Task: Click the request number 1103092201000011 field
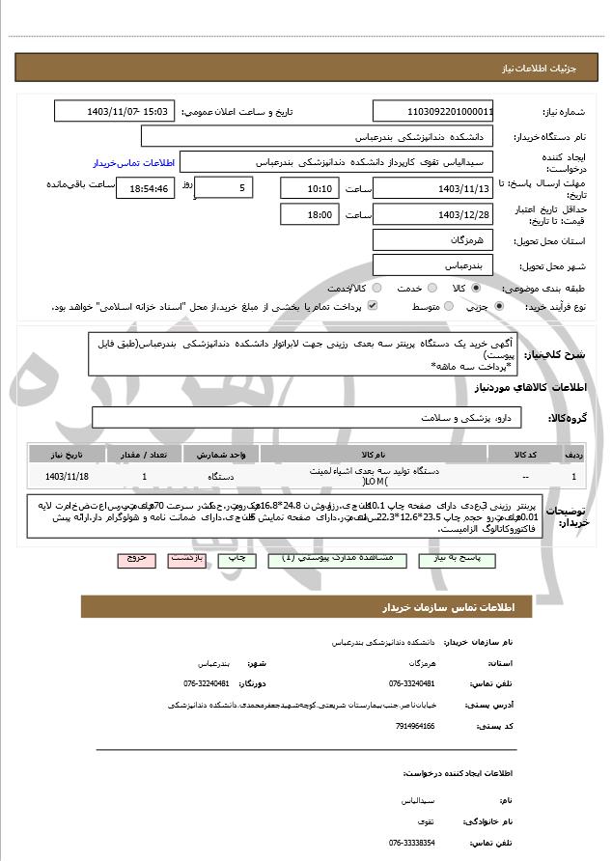[x=433, y=111]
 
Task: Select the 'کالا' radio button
[x=476, y=288]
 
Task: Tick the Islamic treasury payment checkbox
[x=372, y=307]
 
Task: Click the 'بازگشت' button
[x=185, y=559]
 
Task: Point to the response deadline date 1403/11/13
[x=433, y=188]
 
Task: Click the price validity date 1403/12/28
[x=433, y=214]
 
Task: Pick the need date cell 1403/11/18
[x=67, y=476]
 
